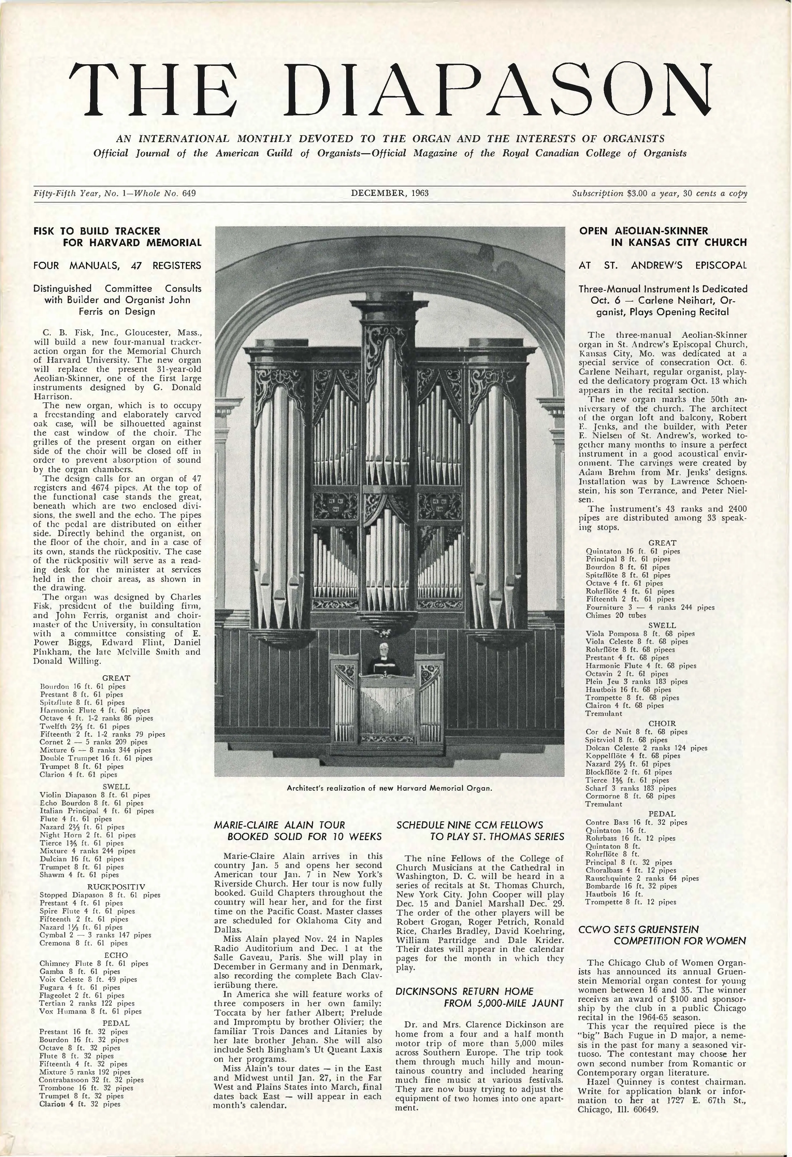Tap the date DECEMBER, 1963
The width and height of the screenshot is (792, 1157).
click(x=389, y=193)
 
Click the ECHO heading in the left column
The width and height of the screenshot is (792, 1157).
click(x=116, y=955)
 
